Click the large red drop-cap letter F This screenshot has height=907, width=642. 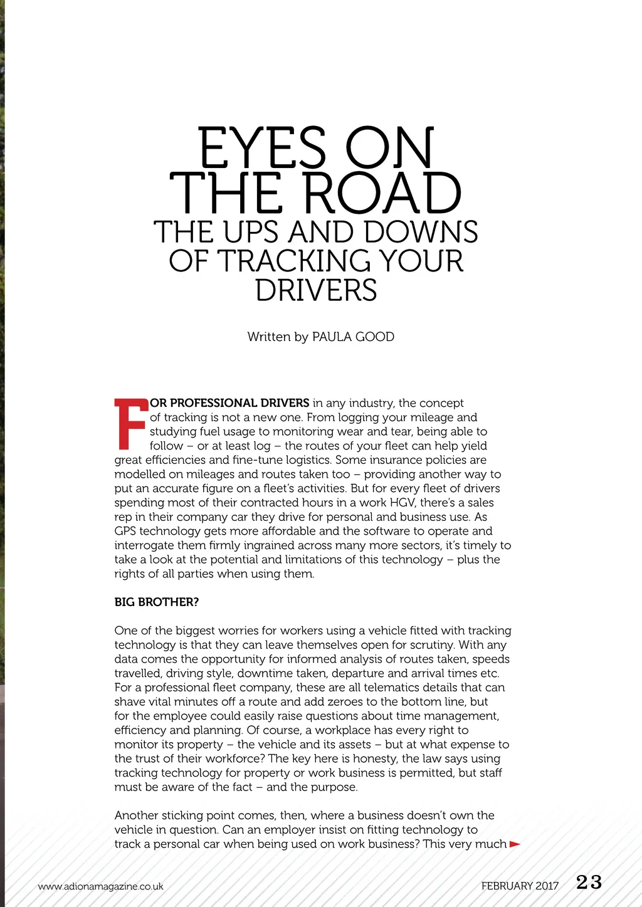(130, 424)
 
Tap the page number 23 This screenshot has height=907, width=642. (589, 883)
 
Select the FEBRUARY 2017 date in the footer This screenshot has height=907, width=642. (520, 886)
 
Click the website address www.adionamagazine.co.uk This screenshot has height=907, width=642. (100, 886)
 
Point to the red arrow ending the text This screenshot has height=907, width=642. (515, 844)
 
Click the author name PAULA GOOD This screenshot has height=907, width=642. (353, 337)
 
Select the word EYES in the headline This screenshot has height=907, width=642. (262, 149)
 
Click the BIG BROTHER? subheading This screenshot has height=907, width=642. (157, 602)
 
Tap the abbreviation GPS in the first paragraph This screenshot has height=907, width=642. (125, 531)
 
